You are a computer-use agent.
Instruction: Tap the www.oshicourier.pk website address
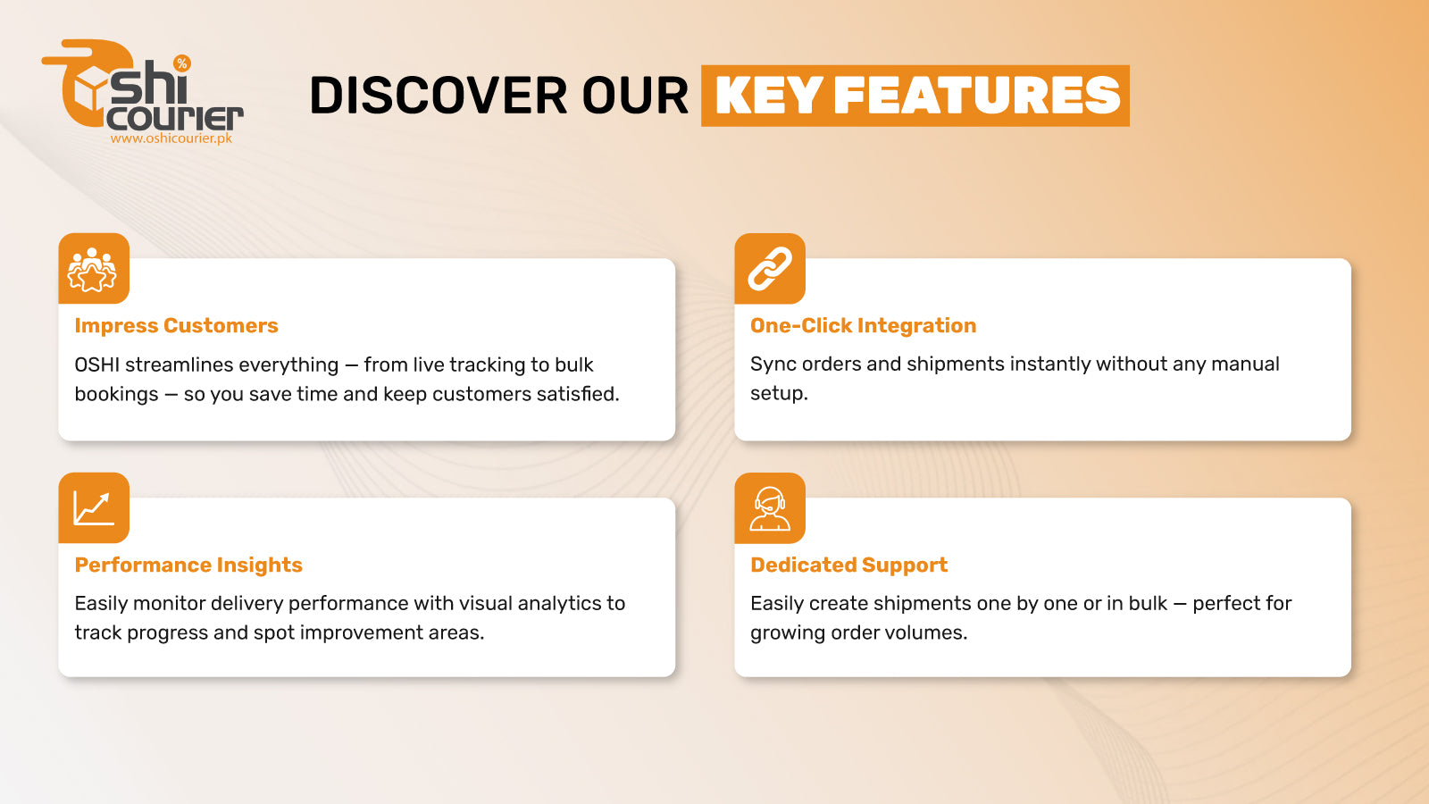[171, 138]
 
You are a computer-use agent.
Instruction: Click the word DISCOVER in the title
[437, 96]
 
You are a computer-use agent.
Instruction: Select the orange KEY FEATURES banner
[915, 96]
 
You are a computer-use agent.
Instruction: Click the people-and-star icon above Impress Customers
[93, 269]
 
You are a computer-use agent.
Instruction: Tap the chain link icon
[769, 269]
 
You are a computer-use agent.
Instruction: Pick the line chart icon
[93, 507]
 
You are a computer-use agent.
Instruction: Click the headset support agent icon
[769, 508]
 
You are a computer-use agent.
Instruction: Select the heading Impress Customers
[176, 326]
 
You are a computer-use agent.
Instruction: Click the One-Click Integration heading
[863, 326]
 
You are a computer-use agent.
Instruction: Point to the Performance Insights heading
[188, 565]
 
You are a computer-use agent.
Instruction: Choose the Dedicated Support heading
[848, 565]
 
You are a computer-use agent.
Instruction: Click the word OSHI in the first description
[96, 365]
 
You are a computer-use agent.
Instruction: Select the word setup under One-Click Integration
[778, 394]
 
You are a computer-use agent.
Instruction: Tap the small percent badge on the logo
[182, 63]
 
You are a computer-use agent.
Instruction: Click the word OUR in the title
[634, 96]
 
